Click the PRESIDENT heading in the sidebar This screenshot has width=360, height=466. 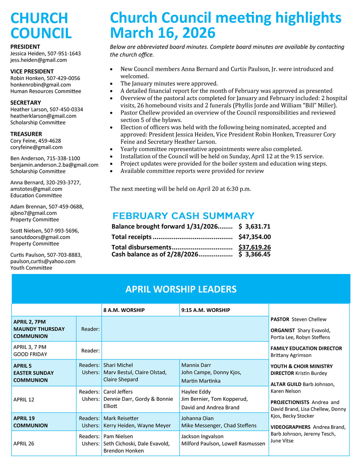pyautogui.click(x=25, y=47)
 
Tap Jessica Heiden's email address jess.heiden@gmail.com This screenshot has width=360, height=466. pyautogui.click(x=39, y=60)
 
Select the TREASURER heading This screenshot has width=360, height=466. pyautogui.click(x=26, y=134)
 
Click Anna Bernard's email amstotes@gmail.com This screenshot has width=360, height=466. pyautogui.click(x=36, y=189)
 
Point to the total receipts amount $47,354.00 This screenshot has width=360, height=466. pyautogui.click(x=255, y=237)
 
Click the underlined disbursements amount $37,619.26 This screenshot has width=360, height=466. pyautogui.click(x=255, y=247)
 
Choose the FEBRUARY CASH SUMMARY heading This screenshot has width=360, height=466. pyautogui.click(x=183, y=216)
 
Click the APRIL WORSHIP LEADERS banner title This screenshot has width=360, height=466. pyautogui.click(x=181, y=289)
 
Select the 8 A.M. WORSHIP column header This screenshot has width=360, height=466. pyautogui.click(x=124, y=310)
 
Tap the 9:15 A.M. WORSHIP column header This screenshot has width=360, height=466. pyautogui.click(x=206, y=310)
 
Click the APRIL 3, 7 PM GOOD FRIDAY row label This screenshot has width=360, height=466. pyautogui.click(x=30, y=351)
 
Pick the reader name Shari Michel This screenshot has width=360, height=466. pyautogui.click(x=118, y=365)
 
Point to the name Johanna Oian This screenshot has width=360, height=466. pyautogui.click(x=197, y=418)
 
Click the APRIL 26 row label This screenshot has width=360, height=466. pyautogui.click(x=24, y=444)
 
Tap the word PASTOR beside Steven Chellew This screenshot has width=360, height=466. pyautogui.click(x=280, y=319)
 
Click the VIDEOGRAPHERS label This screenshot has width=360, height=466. pyautogui.click(x=290, y=427)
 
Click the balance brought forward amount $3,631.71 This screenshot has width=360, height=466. pyautogui.click(x=255, y=227)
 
